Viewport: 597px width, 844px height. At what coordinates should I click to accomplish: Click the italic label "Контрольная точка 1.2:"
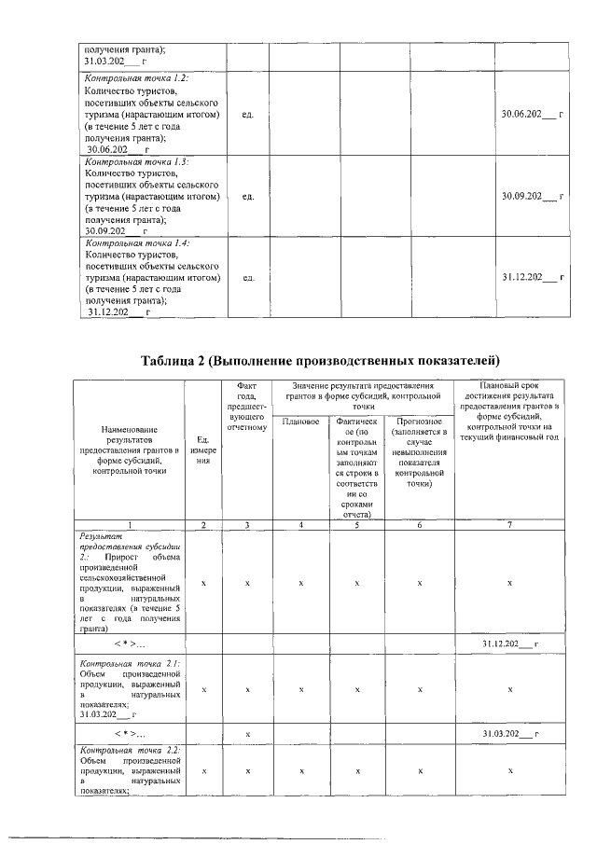pyautogui.click(x=136, y=78)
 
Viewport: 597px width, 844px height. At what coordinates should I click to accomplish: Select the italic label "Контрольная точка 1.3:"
pyautogui.click(x=136, y=160)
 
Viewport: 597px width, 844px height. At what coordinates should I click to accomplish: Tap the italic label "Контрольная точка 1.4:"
pyautogui.click(x=136, y=242)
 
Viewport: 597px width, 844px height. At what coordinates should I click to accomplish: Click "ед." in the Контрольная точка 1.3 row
pyautogui.click(x=247, y=197)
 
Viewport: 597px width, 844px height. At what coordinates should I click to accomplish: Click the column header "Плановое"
pyautogui.click(x=300, y=422)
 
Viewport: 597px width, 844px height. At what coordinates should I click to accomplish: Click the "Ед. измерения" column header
pyautogui.click(x=203, y=450)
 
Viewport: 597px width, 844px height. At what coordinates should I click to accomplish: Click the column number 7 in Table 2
pyautogui.click(x=508, y=525)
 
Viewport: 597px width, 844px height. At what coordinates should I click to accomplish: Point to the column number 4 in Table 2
pyautogui.click(x=300, y=525)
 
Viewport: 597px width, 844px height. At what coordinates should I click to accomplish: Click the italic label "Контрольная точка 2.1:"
pyautogui.click(x=132, y=663)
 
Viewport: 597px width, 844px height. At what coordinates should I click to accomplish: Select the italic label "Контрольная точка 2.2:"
pyautogui.click(x=132, y=749)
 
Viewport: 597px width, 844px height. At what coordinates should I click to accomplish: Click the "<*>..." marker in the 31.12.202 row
pyautogui.click(x=132, y=643)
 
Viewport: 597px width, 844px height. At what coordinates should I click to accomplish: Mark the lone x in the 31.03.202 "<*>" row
pyautogui.click(x=247, y=734)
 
